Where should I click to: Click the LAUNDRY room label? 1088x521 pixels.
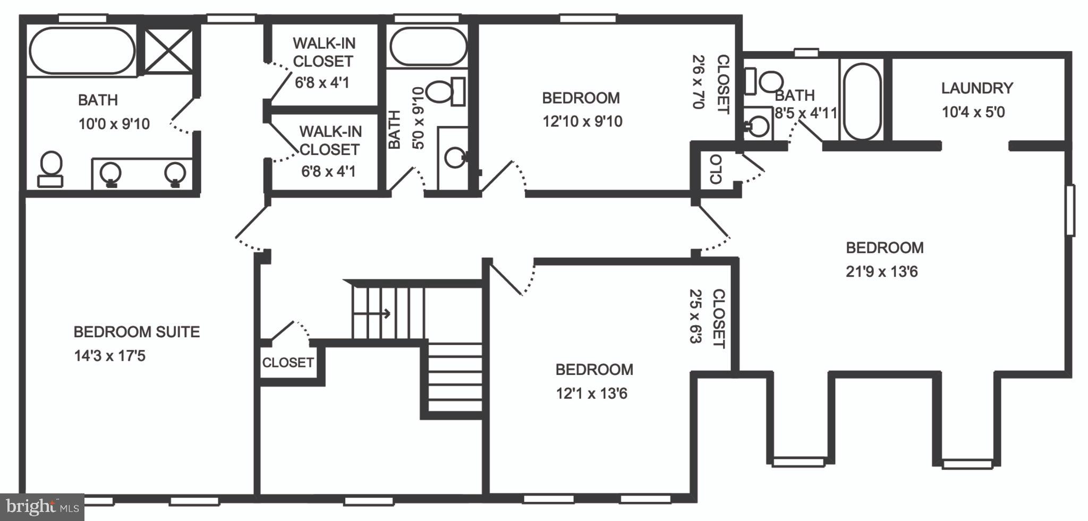pos(977,88)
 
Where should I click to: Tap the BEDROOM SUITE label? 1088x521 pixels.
pos(137,332)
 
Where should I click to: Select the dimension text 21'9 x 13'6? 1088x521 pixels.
pos(881,272)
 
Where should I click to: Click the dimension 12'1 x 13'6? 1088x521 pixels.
pos(591,394)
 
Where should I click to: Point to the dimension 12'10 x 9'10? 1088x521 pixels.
pos(582,122)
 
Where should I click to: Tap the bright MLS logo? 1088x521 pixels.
pos(41,507)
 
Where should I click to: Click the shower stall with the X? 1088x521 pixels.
pos(168,51)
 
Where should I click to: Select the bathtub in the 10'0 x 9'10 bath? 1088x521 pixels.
pos(82,51)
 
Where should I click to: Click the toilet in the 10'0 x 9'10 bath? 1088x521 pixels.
pos(50,168)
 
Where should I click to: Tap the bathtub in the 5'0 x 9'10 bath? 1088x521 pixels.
pos(428,46)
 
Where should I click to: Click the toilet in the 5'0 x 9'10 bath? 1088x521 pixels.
pos(445,91)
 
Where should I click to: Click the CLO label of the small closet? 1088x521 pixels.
pos(716,169)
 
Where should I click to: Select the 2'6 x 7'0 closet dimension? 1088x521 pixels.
pos(698,82)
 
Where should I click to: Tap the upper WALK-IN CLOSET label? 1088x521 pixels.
pos(324,52)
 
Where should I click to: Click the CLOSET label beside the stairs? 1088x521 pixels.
pos(288,363)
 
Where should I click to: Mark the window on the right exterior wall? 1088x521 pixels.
pos(1070,210)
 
